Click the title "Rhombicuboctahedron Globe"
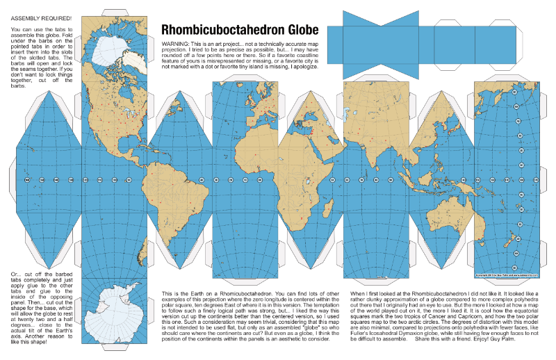240,30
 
